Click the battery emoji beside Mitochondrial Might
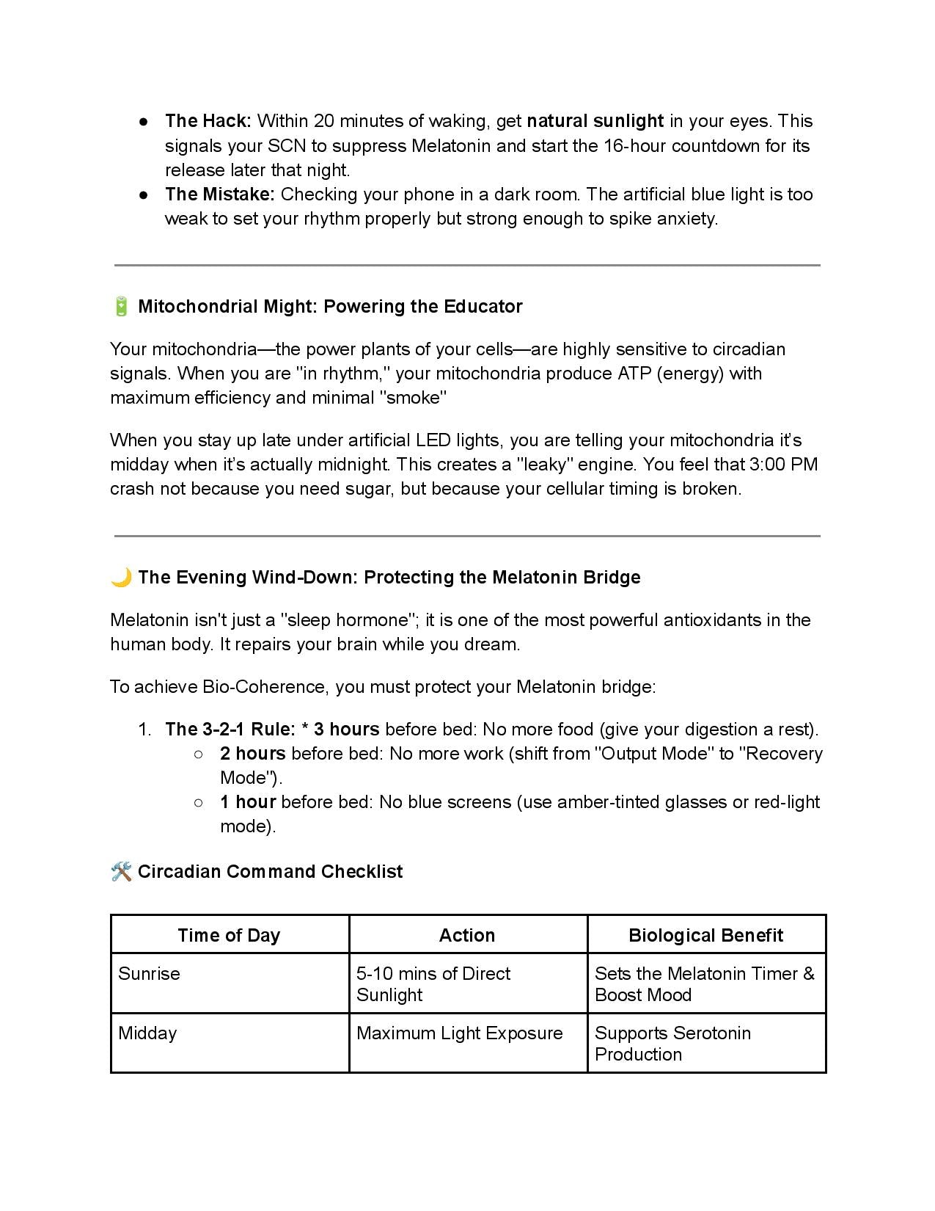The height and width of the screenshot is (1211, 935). [121, 306]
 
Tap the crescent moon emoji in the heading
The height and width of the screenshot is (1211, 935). [121, 578]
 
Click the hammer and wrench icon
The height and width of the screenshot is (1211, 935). [121, 872]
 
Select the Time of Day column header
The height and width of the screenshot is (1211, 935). [229, 935]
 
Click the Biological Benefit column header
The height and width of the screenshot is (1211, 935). [705, 935]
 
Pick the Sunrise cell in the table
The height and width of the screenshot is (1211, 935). [150, 974]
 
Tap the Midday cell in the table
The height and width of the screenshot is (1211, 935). [148, 1033]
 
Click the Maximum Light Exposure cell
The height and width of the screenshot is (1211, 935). [460, 1033]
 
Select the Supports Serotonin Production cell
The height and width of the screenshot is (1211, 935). [672, 1043]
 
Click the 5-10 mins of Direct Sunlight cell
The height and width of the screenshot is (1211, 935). [433, 983]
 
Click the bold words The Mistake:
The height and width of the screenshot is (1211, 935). [219, 194]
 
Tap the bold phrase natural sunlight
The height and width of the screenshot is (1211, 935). [595, 121]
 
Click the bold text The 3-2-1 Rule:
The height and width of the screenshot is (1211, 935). [230, 730]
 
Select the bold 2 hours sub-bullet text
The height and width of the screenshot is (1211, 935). [252, 754]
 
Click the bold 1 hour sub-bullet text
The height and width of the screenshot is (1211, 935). [248, 802]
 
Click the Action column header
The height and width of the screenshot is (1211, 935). [467, 935]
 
